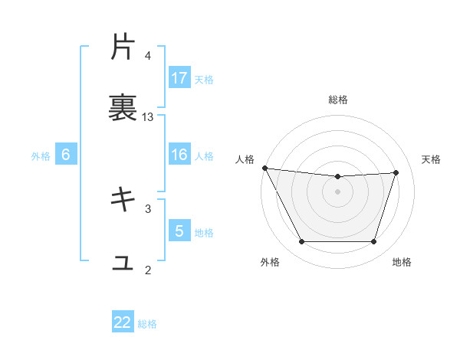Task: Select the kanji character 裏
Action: coord(123,108)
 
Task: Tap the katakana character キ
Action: coord(123,200)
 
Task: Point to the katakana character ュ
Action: coord(123,262)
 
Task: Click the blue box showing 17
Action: coord(179,78)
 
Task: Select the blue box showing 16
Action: coord(179,155)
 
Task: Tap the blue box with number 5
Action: coord(179,231)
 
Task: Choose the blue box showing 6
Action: coord(66,155)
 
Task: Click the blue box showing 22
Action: coord(123,322)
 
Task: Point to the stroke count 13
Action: coord(148,116)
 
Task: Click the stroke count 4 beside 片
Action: coord(148,55)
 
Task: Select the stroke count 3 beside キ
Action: coord(148,208)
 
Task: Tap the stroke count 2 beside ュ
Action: coord(148,270)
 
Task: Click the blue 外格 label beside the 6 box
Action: coord(41,155)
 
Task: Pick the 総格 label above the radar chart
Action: coord(338,100)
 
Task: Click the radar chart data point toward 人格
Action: coord(264,168)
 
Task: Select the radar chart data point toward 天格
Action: coord(396,172)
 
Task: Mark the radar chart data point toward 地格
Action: coord(374,242)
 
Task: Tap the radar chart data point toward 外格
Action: coord(301,242)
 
